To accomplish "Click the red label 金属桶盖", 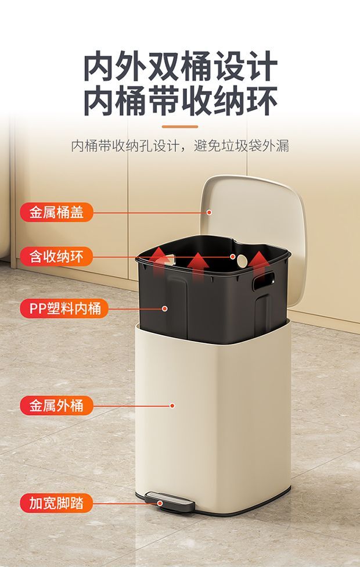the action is tap(56, 212).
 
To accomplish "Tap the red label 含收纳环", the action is tap(56, 257).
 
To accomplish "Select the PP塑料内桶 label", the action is tap(64, 308).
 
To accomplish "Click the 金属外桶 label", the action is tap(56, 405).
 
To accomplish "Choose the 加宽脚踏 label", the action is tap(56, 503).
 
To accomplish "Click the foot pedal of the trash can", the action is tap(170, 502).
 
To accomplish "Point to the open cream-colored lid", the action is tap(254, 231).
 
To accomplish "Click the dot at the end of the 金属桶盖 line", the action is tap(209, 212).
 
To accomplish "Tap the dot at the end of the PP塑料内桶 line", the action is tap(165, 308).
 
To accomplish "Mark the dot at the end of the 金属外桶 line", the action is tap(172, 405).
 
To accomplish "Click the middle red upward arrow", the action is tap(198, 267).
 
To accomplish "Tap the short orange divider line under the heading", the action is tap(180, 127).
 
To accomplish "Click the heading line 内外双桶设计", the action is tap(181, 67).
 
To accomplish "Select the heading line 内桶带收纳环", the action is tap(181, 101).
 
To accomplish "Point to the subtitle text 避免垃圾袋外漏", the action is tap(242, 146).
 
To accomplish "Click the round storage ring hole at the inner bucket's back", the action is tap(242, 261).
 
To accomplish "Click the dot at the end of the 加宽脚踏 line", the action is tap(160, 503).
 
